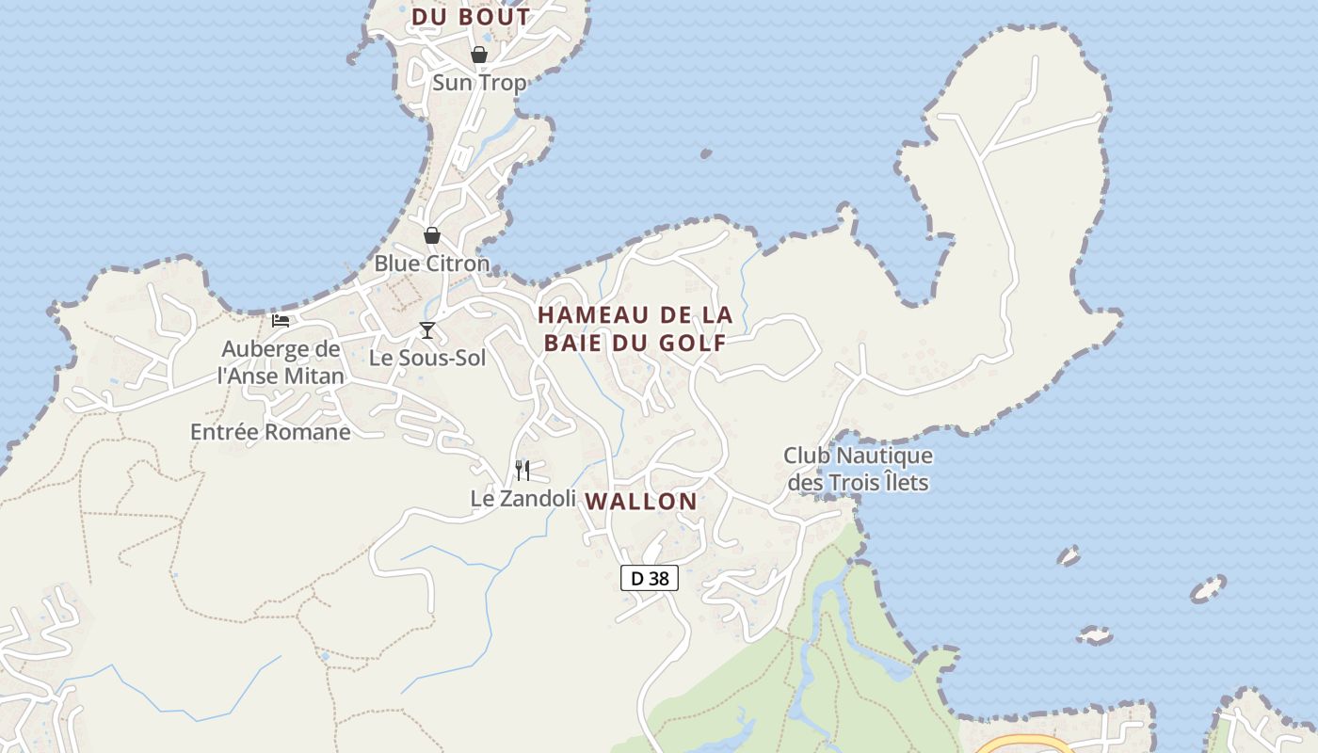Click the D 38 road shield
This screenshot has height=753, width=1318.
(x=650, y=578)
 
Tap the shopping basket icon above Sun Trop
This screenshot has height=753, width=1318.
(x=479, y=55)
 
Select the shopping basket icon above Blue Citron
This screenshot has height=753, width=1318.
(x=432, y=235)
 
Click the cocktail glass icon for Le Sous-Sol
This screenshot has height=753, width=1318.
(x=427, y=329)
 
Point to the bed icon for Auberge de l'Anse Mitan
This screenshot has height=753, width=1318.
(x=281, y=320)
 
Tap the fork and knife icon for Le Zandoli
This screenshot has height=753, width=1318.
(x=522, y=470)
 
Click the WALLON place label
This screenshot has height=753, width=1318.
(x=641, y=502)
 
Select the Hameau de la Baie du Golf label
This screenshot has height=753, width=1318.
(x=635, y=328)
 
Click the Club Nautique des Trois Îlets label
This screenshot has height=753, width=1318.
(x=858, y=469)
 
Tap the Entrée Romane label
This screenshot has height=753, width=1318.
(x=270, y=432)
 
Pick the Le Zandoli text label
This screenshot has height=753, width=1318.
(x=522, y=498)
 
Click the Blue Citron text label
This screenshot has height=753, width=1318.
(x=432, y=264)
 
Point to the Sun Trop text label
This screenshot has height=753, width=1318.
(x=479, y=83)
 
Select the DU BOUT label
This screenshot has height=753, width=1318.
(x=472, y=17)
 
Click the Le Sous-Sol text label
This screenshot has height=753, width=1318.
(x=427, y=358)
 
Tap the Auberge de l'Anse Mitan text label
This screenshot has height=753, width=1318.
(x=281, y=362)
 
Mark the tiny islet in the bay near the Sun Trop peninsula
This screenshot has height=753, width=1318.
(x=704, y=152)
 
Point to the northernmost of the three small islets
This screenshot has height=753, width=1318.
(x=1069, y=555)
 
